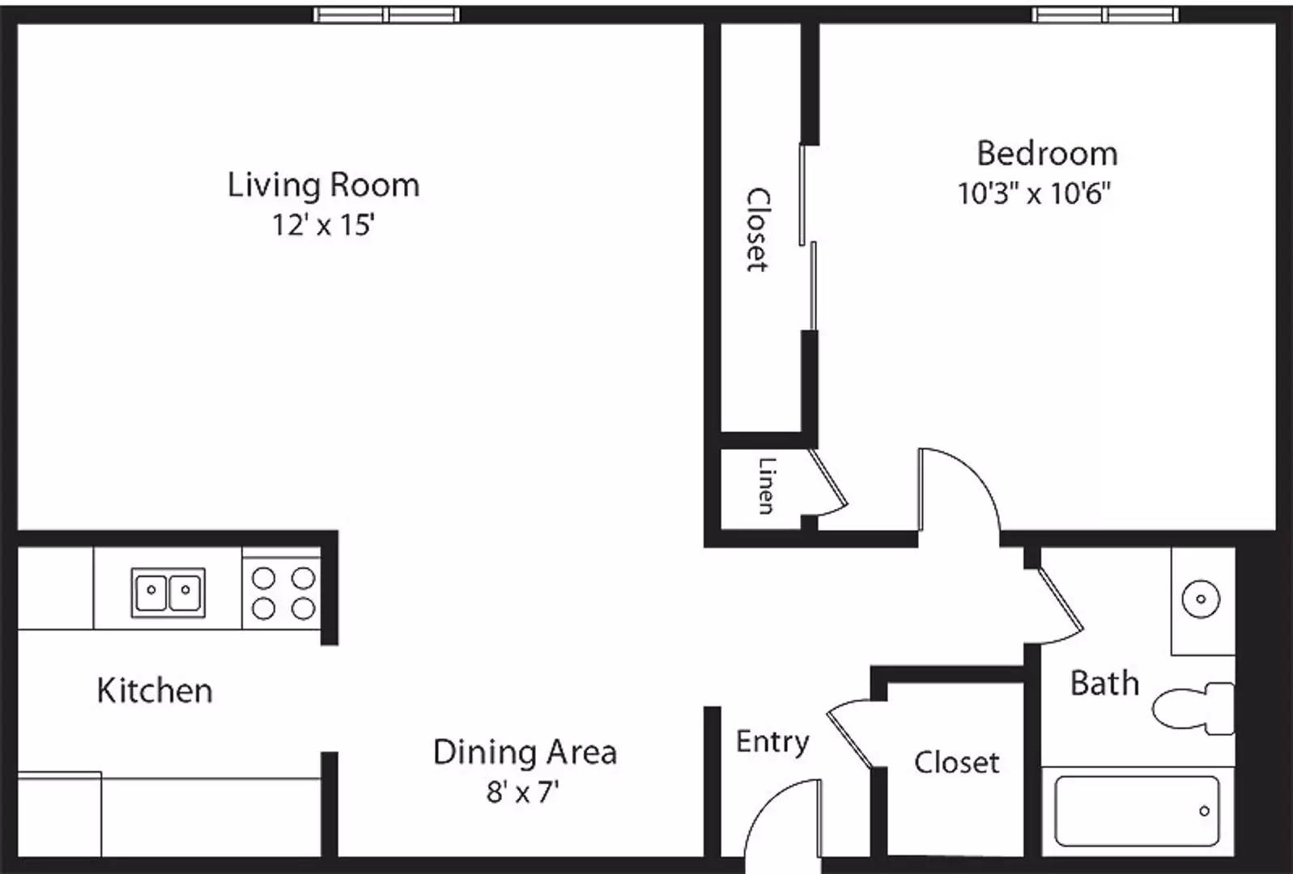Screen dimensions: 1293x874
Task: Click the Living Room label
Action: pos(323,186)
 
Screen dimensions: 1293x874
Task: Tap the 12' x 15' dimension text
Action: pos(323,224)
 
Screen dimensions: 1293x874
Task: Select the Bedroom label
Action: pos(1047,154)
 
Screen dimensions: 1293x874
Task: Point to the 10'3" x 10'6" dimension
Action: pos(1035,193)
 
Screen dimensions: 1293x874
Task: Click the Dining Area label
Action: pos(525,753)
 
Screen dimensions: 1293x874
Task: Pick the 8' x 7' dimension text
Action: pos(522,791)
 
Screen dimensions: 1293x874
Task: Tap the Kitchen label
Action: pos(155,690)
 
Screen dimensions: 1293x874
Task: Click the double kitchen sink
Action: pos(168,592)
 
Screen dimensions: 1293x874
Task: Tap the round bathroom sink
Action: pos(1202,599)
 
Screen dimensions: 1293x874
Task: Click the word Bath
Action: pos(1105,684)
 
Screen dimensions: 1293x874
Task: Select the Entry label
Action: pos(772,742)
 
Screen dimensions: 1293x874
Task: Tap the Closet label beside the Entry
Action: pos(956,762)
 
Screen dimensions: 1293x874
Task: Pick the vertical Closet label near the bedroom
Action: pos(758,230)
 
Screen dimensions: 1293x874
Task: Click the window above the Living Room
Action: pos(387,15)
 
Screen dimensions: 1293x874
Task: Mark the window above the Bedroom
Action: pos(1105,15)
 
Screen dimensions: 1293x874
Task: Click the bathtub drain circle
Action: pos(1204,811)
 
